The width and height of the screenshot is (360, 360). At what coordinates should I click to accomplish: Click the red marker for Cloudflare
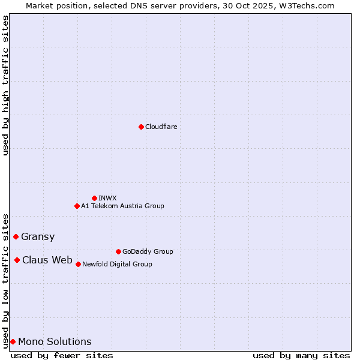point(141,127)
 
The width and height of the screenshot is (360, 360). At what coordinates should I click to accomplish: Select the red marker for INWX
point(94,198)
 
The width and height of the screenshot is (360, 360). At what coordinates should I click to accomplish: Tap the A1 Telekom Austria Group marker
point(77,206)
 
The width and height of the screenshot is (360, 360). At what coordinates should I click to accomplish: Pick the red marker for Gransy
point(16,236)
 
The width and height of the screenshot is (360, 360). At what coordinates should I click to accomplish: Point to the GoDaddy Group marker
point(118,251)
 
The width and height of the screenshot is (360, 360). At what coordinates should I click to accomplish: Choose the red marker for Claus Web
point(17,260)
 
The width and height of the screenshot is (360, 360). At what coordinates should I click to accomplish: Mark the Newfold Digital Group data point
point(78,264)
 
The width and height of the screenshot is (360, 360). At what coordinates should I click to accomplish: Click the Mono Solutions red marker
point(13,341)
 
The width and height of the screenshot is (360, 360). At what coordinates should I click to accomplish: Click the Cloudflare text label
point(161,127)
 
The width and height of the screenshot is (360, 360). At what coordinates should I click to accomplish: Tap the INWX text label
point(107,198)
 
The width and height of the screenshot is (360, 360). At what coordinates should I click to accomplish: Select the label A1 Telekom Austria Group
point(122,206)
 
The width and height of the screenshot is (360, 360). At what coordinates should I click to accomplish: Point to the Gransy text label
point(38,236)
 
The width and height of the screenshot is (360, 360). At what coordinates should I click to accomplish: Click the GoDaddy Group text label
point(148,251)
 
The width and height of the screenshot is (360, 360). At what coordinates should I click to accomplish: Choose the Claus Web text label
point(47,260)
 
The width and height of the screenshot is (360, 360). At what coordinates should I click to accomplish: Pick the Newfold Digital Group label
point(117,264)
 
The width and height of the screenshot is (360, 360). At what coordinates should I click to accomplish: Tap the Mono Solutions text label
point(55,341)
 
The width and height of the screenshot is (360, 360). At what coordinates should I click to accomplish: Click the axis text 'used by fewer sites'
point(62,355)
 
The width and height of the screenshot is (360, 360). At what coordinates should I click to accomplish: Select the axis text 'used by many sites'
point(301,355)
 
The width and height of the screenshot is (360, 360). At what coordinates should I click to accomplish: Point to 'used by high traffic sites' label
point(6,85)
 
